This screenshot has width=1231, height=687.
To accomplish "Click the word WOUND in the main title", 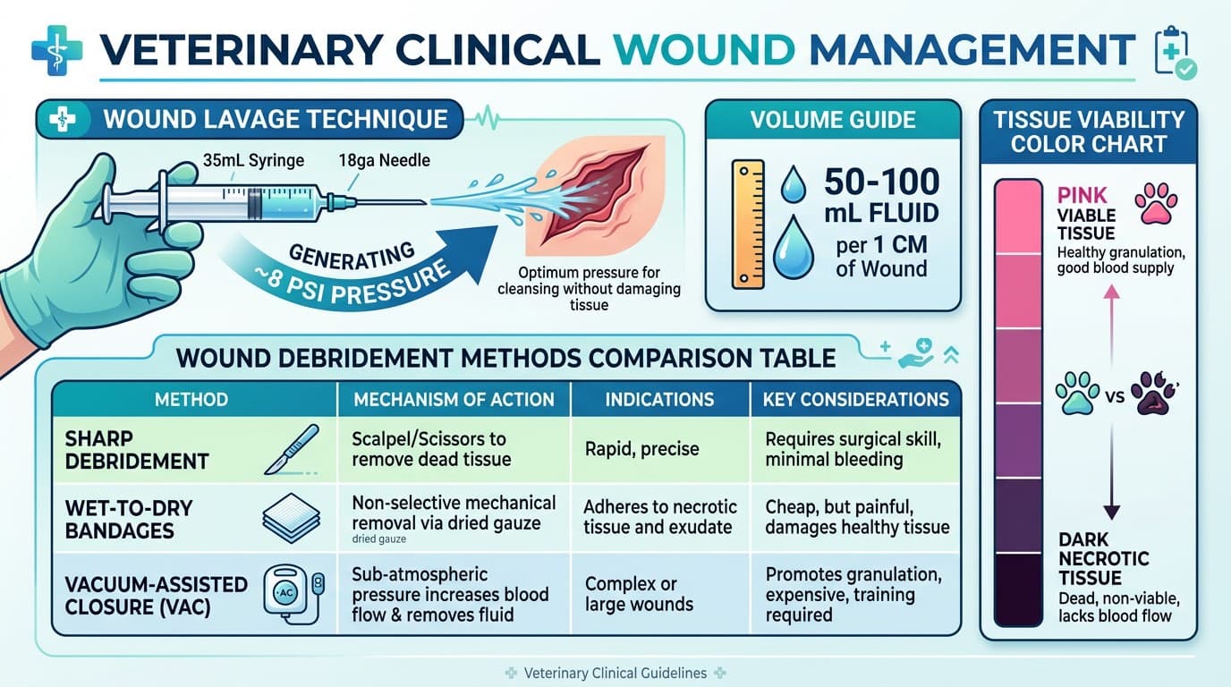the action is tap(705, 50).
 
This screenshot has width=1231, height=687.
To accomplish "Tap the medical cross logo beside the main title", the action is tap(57, 50).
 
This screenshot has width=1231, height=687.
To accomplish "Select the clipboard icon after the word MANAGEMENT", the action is tap(1175, 53).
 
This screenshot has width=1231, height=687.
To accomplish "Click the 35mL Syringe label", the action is tap(253, 160).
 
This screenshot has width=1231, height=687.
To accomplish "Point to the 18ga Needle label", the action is tap(384, 160).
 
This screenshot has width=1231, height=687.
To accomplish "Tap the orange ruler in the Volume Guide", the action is tap(748, 225).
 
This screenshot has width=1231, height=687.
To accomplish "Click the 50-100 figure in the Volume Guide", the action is tap(881, 182).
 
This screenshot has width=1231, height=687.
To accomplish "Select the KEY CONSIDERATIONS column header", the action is tap(855, 400).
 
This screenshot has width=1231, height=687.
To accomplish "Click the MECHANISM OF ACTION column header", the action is tap(454, 400).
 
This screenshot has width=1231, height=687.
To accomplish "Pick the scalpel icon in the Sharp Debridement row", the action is tap(292, 450).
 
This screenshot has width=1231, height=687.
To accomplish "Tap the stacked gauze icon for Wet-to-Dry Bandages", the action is tap(292, 518).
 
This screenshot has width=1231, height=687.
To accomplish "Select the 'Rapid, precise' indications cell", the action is tap(641, 449).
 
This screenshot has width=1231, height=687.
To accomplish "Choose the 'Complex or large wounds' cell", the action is tap(639, 594).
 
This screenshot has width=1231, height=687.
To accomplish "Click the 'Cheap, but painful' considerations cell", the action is tap(857, 517).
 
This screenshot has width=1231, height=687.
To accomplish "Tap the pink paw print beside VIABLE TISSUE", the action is tap(1156, 203).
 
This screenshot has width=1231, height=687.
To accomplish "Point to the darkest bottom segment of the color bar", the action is tap(1018, 589).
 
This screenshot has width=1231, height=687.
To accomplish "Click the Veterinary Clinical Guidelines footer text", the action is tap(615, 674).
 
